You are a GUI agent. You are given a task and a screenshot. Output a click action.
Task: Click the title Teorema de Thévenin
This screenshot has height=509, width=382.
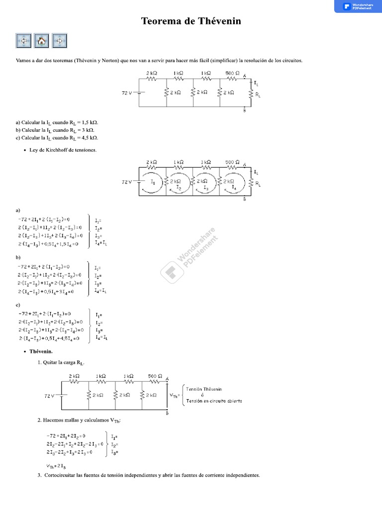pyautogui.click(x=191, y=21)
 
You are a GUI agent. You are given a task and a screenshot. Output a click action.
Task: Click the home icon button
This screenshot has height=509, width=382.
pyautogui.click(x=41, y=41)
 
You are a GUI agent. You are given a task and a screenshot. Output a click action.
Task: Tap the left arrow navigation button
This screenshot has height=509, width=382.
pyautogui.click(x=23, y=41)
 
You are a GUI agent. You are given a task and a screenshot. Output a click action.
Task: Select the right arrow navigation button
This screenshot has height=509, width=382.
pyautogui.click(x=59, y=41)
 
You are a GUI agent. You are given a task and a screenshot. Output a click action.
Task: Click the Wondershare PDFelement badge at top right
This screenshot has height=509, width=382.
pyautogui.click(x=358, y=6)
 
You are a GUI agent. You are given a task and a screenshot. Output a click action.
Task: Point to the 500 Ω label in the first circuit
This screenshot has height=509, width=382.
pyautogui.click(x=230, y=73)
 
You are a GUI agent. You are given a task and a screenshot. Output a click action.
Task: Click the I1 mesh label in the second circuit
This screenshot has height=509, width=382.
pyautogui.click(x=153, y=182)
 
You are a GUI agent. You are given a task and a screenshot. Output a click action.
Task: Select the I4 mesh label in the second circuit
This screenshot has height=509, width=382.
pyautogui.click(x=234, y=187)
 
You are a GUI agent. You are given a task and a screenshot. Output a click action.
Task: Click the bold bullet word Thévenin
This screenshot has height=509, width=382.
pyautogui.click(x=41, y=351)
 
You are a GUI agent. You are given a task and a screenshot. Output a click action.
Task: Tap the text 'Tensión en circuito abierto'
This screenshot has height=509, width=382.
pyautogui.click(x=214, y=401)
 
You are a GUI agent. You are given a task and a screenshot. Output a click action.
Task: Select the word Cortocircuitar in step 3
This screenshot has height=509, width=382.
pyautogui.click(x=63, y=475)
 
